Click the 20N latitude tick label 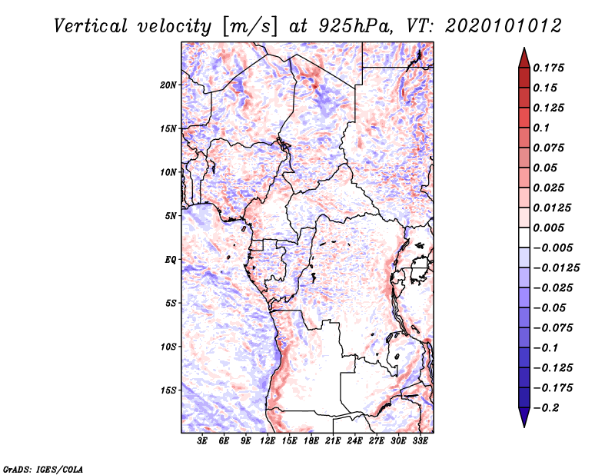168,85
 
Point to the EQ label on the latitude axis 171,260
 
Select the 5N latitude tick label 171,216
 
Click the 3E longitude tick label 202,441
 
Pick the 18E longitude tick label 311,441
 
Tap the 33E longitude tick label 420,441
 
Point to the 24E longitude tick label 354,441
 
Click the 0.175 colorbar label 548,68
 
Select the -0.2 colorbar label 546,408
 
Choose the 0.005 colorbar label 548,228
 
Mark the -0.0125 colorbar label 556,268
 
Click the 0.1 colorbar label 541,128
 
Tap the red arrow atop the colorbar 524,58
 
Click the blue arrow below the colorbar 524,417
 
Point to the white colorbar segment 524,237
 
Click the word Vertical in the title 91,26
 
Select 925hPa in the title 354,26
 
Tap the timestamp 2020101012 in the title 504,26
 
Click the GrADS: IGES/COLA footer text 43,469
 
